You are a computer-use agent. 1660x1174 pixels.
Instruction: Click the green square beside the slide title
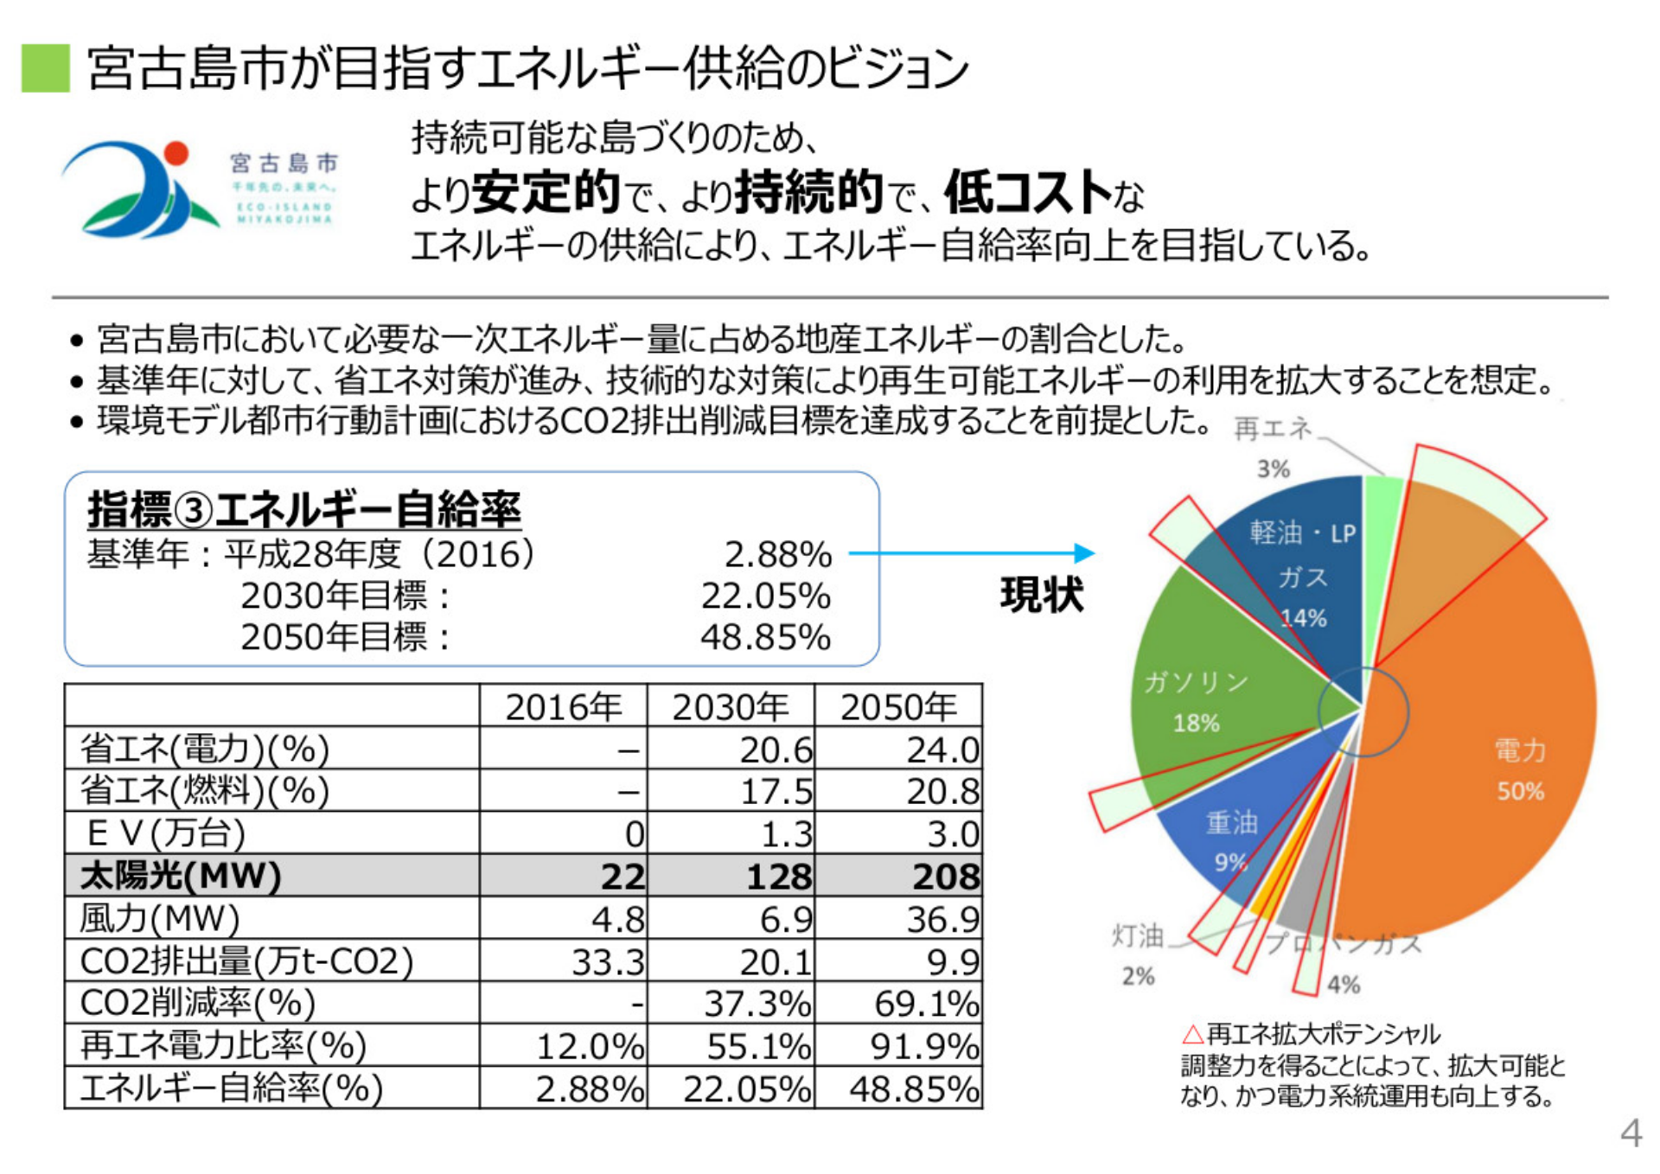(x=45, y=68)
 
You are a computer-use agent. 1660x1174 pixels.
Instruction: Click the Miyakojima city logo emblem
(x=140, y=190)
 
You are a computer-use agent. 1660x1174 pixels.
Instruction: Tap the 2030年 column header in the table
(x=731, y=707)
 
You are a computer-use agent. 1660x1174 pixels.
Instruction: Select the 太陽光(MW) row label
(x=181, y=876)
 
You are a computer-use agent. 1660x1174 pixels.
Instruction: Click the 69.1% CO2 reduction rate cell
(x=926, y=1004)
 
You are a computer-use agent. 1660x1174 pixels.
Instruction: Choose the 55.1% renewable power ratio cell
(x=758, y=1046)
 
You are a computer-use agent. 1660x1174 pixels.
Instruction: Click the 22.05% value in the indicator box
(x=765, y=596)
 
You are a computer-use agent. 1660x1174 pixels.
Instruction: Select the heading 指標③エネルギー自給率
(x=304, y=509)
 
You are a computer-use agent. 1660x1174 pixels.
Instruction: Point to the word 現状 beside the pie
(x=1041, y=595)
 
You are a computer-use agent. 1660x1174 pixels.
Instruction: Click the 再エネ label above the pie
(x=1272, y=429)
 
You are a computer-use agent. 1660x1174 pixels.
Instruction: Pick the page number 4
(x=1630, y=1133)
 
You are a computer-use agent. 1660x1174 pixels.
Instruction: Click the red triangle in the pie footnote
(x=1193, y=1034)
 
